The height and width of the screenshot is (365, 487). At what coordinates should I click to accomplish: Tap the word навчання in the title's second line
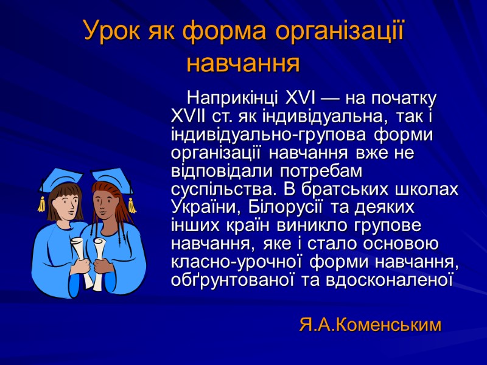coord(243,61)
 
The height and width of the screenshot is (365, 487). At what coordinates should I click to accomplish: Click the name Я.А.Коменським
coord(370,325)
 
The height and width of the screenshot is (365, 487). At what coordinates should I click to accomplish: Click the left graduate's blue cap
coord(61,179)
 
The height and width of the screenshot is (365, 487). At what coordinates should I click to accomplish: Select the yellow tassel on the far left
coord(41,204)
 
